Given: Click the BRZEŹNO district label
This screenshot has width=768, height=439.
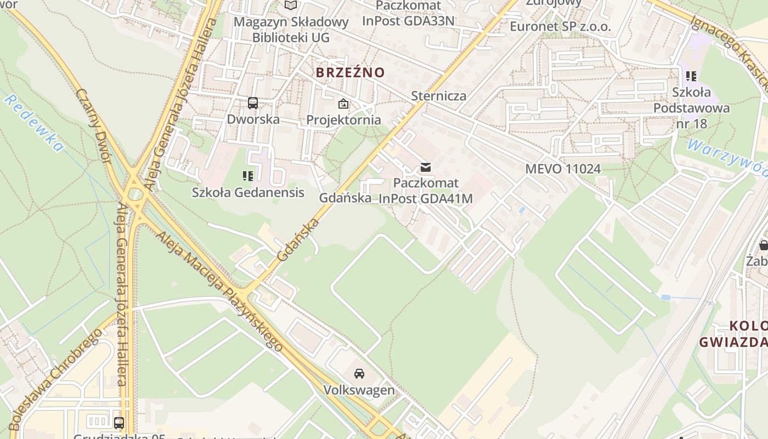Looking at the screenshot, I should pos(350,72).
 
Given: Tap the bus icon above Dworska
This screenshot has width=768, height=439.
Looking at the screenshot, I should pos(253,103).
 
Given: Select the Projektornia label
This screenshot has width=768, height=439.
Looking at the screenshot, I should pos(343,120).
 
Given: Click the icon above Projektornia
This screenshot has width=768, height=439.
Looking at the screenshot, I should pos(343,103).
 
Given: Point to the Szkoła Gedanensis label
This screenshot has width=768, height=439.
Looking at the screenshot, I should pos(248,193).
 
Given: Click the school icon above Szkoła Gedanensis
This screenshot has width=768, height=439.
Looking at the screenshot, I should pos(248,176).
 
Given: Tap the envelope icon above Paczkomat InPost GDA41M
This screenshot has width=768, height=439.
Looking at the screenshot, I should pos(426,167).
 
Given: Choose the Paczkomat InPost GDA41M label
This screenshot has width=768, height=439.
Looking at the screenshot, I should pos(426,190).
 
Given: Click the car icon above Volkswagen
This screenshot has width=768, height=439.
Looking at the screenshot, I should pos(359,374).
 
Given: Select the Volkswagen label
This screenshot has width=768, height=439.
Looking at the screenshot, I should pos(359,390).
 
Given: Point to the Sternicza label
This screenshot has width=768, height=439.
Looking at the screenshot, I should pos(439,96).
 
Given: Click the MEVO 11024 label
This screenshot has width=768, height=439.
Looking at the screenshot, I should pos(563,168).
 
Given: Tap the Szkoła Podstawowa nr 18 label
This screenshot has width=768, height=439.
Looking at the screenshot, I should pos(691,108).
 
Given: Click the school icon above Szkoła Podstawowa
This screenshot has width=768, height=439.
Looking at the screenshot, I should pos(691,76).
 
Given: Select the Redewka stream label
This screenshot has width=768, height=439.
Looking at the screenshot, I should pos(34,123).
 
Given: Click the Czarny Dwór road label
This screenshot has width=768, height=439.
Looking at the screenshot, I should pos(94,126).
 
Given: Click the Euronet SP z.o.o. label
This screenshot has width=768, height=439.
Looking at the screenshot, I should pos(560,26).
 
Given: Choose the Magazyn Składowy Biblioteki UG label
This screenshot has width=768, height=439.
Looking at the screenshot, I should pos(291,30).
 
